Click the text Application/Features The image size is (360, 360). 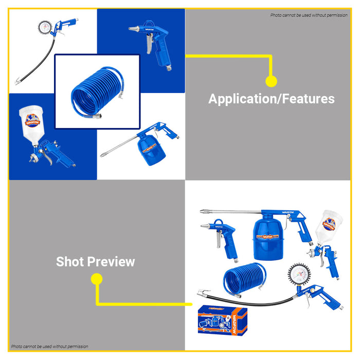(271, 99)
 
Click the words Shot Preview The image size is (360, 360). (95, 261)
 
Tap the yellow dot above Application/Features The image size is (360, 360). (271, 81)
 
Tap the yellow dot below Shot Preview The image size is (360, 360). (96, 279)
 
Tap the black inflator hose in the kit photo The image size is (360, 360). (242, 301)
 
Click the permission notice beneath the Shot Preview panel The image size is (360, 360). (50, 347)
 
